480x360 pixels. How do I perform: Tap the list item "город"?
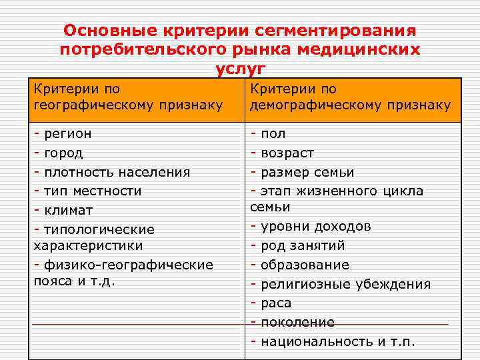(63, 153)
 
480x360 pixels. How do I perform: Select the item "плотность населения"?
(117, 172)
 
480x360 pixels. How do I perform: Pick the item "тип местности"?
(93, 191)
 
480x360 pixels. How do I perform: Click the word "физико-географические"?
(128, 265)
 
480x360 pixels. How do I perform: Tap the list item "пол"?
(273, 133)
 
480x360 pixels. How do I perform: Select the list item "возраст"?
(287, 153)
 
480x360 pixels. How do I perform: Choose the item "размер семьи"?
(307, 172)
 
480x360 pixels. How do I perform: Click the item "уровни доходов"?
(316, 226)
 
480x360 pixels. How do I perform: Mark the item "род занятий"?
(303, 245)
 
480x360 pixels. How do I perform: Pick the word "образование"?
(305, 265)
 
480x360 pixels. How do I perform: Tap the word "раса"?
(276, 303)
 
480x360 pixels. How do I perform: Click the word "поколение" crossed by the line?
(297, 323)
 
